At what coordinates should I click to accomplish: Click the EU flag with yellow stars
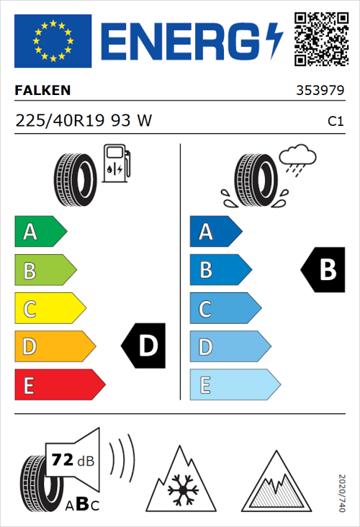(53, 41)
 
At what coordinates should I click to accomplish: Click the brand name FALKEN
(42, 91)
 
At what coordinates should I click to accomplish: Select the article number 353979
(319, 91)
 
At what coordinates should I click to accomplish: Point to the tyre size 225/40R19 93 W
(84, 121)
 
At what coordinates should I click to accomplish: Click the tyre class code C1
(335, 122)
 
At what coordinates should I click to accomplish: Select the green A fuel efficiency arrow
(40, 232)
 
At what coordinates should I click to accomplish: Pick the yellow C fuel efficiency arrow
(49, 309)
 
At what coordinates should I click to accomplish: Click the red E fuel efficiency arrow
(59, 385)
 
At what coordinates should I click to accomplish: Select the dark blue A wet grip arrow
(215, 232)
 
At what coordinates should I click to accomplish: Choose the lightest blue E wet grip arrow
(234, 385)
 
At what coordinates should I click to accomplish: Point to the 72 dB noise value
(71, 460)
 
